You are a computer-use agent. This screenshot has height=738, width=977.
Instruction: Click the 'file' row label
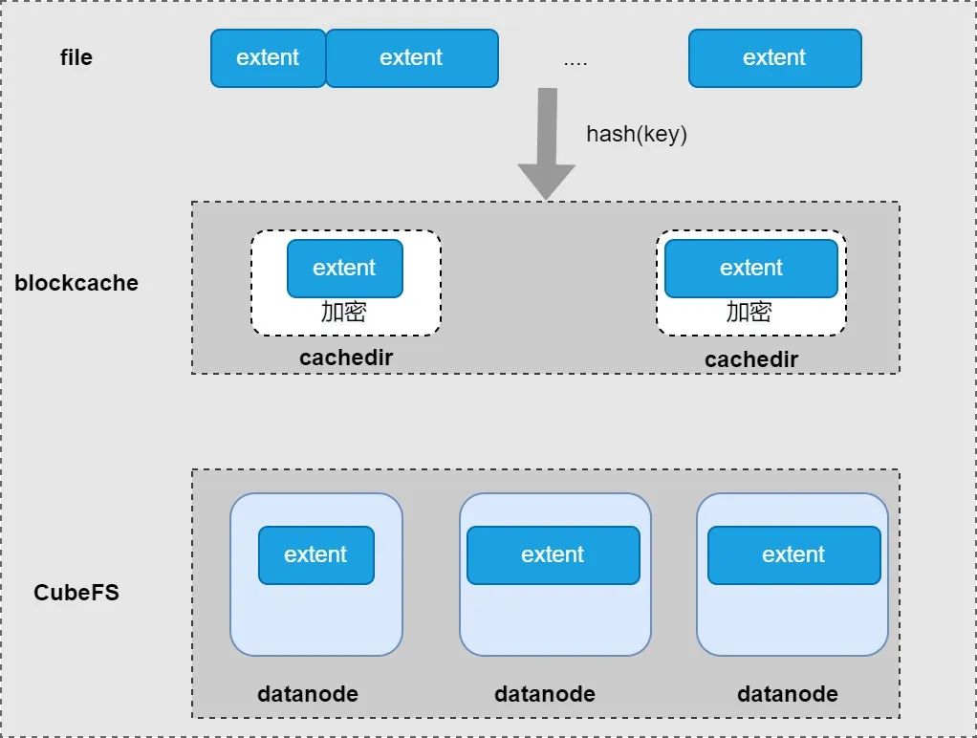tap(76, 57)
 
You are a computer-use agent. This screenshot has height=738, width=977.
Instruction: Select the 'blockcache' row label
tap(76, 283)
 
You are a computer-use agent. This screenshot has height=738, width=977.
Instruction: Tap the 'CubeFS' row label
tap(76, 592)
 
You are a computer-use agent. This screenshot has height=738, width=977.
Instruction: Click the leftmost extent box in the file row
tap(268, 58)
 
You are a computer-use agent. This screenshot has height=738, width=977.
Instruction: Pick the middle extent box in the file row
tap(412, 58)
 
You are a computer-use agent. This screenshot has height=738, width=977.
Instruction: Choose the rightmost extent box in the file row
tap(775, 58)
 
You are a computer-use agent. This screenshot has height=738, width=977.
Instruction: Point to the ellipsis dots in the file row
tap(575, 63)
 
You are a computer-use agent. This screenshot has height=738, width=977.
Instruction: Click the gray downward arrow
tap(547, 144)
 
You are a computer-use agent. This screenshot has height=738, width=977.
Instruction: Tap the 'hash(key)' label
tap(637, 134)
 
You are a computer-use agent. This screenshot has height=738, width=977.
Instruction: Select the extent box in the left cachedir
tap(344, 268)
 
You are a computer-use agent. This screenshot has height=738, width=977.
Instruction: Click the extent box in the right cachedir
tap(750, 268)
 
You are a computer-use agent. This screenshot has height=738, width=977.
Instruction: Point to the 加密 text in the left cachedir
tap(343, 311)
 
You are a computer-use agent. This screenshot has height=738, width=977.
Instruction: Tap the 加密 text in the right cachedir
tap(749, 311)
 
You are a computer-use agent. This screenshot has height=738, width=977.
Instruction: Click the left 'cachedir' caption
tap(346, 358)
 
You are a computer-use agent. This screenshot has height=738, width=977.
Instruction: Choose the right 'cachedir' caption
tap(751, 359)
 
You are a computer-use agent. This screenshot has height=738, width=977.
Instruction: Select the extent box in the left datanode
tap(315, 555)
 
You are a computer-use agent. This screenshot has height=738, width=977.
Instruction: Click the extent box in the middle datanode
tap(554, 555)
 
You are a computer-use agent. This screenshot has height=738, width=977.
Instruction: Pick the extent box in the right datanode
tap(793, 555)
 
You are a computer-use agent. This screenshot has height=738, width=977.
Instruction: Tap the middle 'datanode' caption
tap(545, 694)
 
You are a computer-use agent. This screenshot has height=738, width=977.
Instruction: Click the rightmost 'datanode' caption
tap(788, 694)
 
